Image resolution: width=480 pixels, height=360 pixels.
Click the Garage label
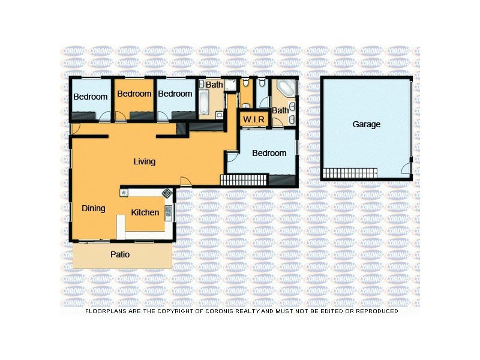pos(366,125)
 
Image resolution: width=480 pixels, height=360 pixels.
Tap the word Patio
pos(120,254)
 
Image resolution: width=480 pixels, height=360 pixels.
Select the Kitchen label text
pos(145,212)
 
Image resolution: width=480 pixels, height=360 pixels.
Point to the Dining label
pos(94,208)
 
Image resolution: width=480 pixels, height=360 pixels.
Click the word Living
pos(144,161)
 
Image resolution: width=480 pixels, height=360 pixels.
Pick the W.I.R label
pos(254,119)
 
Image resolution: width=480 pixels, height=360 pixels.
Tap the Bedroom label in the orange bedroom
pos(134,94)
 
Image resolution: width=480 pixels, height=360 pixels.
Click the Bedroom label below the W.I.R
pos(269,153)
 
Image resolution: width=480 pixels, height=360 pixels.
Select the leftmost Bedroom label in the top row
pos(90,97)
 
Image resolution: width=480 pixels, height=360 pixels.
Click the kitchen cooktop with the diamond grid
pos(166,193)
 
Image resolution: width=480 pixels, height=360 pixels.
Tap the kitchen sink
pos(169,211)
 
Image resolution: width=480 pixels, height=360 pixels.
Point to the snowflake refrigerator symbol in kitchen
pos(124,193)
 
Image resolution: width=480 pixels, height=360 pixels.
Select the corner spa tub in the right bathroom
pos(287,88)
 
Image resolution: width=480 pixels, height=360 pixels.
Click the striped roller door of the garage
pos(360,173)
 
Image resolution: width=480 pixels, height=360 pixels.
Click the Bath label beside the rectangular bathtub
pos(214,85)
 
